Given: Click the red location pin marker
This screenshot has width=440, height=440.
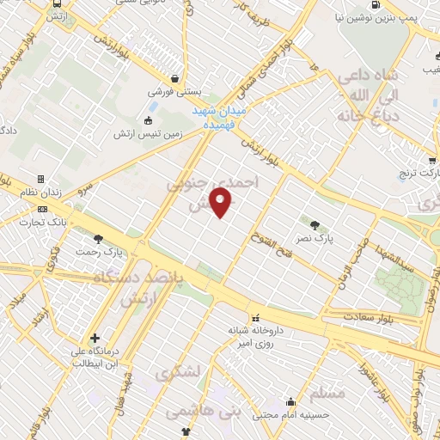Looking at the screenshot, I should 222,203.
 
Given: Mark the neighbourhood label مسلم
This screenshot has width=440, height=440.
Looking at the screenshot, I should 331,394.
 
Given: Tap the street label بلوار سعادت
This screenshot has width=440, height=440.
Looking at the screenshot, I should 357,317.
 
